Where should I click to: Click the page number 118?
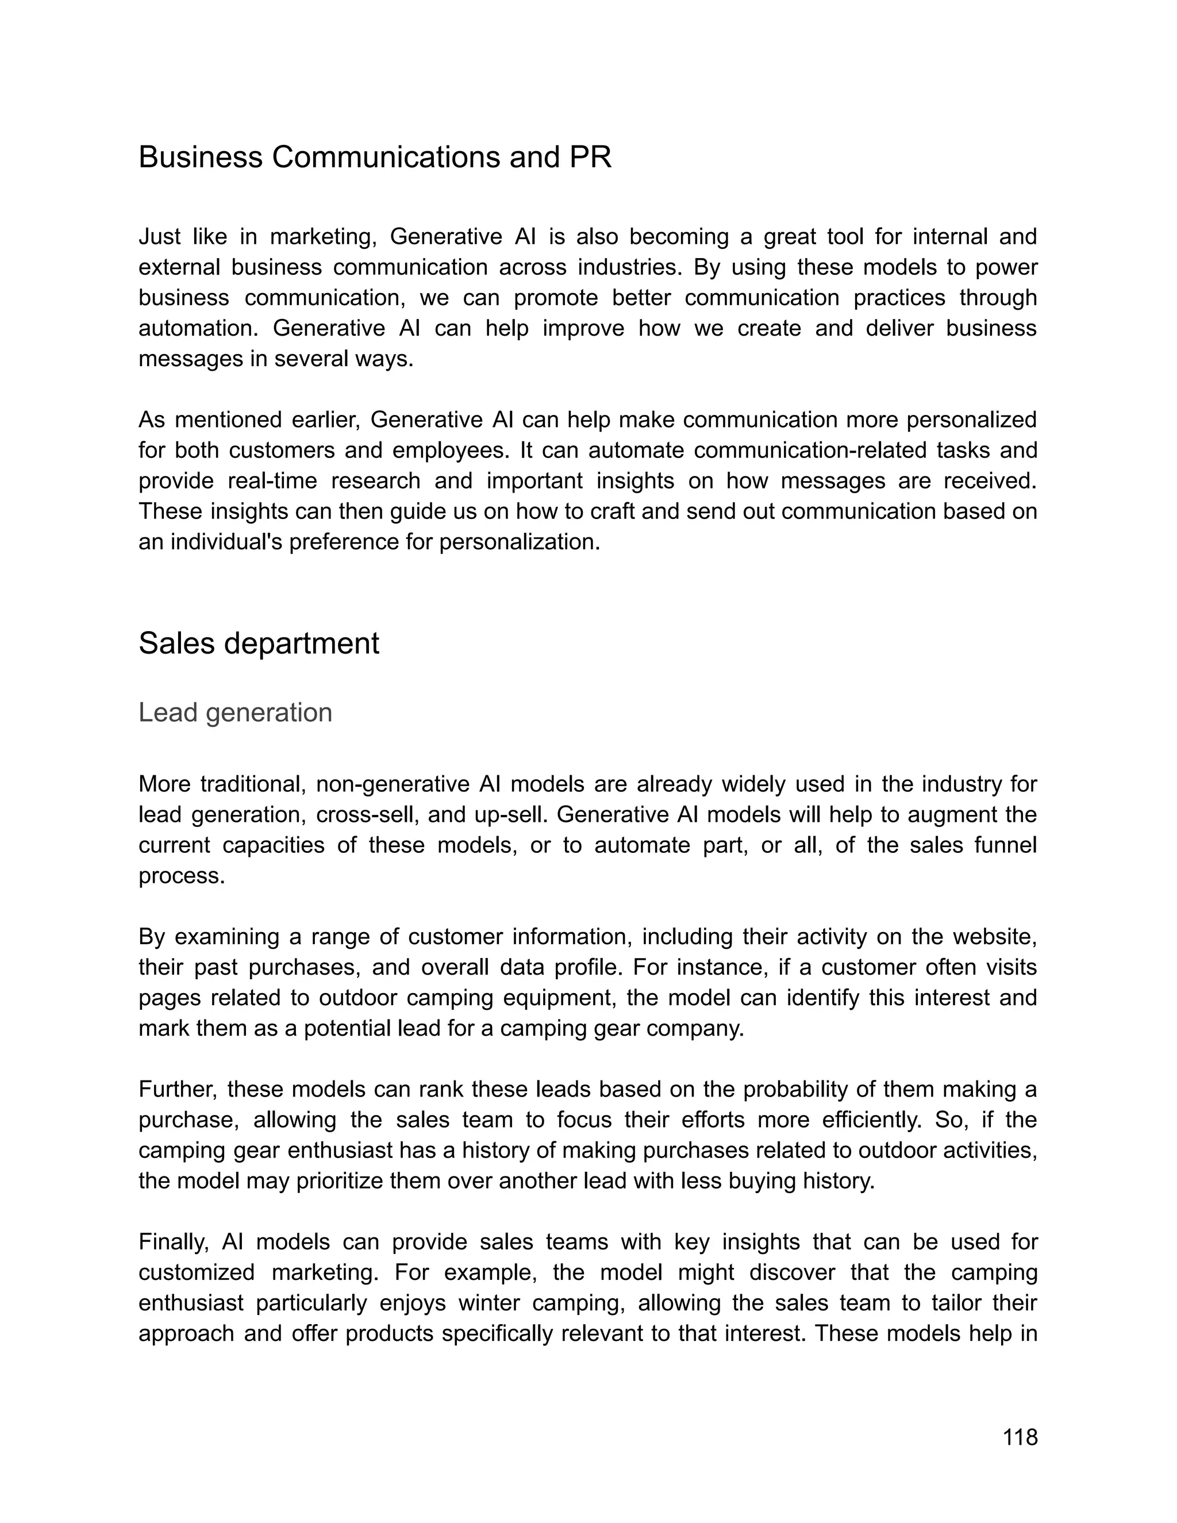pyautogui.click(x=1020, y=1437)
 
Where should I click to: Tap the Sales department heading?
pyautogui.click(x=259, y=643)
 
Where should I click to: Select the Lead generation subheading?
pyautogui.click(x=235, y=712)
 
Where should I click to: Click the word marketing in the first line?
pyautogui.click(x=323, y=237)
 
